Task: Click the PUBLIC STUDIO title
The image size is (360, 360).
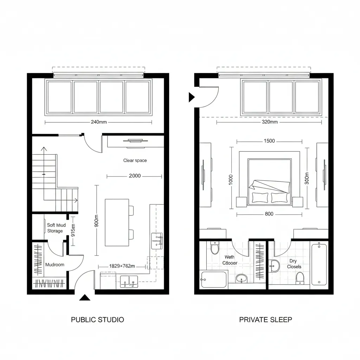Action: (x=97, y=320)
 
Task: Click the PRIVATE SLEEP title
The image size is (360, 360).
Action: (x=265, y=320)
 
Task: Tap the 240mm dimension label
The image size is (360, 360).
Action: (x=98, y=122)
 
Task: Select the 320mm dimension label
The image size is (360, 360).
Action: (x=270, y=122)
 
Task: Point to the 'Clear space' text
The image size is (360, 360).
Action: (x=135, y=160)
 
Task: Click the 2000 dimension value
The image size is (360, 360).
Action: (x=135, y=176)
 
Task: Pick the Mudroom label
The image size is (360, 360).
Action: (x=55, y=264)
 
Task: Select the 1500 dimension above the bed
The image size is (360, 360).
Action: (x=269, y=141)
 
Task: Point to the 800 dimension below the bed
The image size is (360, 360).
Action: (x=269, y=214)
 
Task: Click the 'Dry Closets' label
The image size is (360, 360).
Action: (x=294, y=264)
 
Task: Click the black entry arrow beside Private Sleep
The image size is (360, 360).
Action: (x=191, y=97)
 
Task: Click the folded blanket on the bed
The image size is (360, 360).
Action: (x=269, y=185)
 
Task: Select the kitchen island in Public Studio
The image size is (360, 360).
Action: (x=117, y=223)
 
